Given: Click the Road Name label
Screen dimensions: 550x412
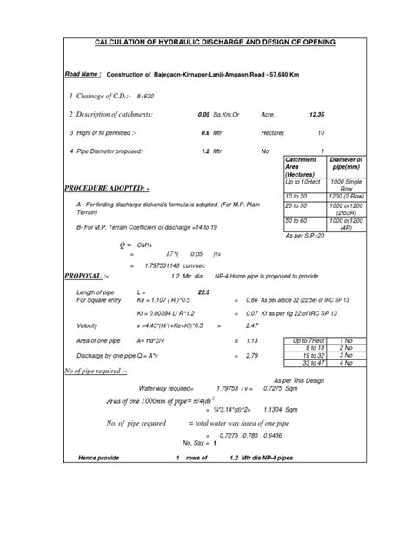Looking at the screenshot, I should pos(85,75).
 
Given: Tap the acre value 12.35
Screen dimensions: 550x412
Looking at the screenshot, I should pos(315,114).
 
